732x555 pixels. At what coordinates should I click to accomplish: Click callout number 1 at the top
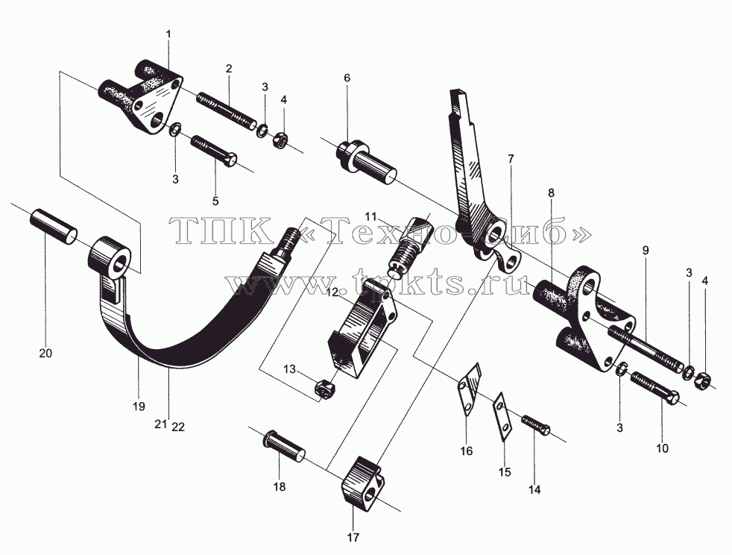point(168,34)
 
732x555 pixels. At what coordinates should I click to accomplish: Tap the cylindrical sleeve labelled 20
point(53,226)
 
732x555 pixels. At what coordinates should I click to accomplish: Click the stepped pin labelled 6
point(367,161)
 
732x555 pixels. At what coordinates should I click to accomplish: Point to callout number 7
point(511,159)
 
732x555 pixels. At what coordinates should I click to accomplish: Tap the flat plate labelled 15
point(502,416)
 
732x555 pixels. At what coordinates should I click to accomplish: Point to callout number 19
point(139,407)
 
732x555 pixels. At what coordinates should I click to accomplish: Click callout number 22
point(178,427)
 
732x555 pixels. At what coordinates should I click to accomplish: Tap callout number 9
point(646,251)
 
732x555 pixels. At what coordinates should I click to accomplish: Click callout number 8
point(552,192)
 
